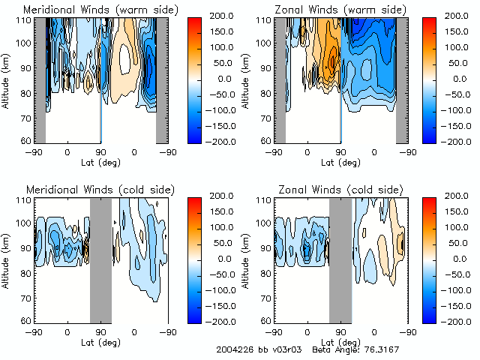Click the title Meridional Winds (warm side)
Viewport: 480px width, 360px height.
(x=89, y=9)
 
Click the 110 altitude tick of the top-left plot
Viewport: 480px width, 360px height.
(x=27, y=21)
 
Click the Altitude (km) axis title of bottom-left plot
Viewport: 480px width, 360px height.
(x=7, y=259)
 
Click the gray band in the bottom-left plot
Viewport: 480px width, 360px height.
(x=100, y=259)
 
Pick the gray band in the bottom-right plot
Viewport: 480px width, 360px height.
(x=340, y=259)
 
